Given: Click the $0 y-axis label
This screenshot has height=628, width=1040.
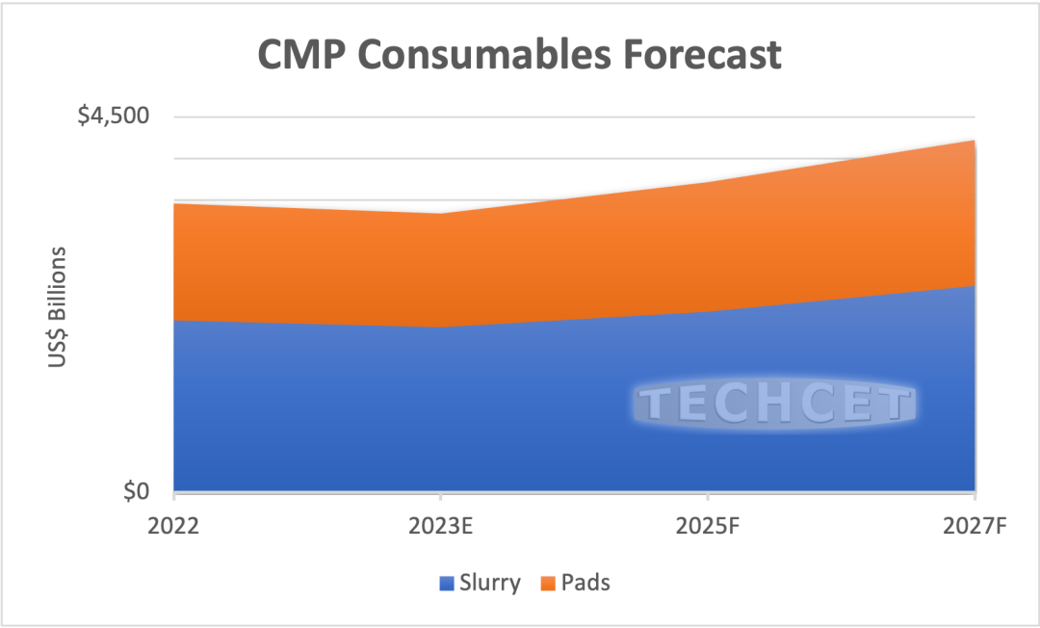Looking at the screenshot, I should (x=136, y=491).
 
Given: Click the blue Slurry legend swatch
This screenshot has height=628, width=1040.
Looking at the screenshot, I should (x=447, y=583).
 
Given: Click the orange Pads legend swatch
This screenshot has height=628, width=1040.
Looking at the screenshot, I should (x=546, y=583).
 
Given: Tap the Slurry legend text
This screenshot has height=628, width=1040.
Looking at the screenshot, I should (x=490, y=583).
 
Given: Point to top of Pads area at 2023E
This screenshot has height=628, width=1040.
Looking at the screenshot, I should (x=440, y=214).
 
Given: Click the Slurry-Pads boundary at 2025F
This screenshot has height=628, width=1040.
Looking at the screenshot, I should (x=708, y=311).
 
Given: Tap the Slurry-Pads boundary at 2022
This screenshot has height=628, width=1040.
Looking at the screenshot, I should (x=175, y=320).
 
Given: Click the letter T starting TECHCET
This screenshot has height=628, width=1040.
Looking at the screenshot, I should (x=656, y=406).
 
